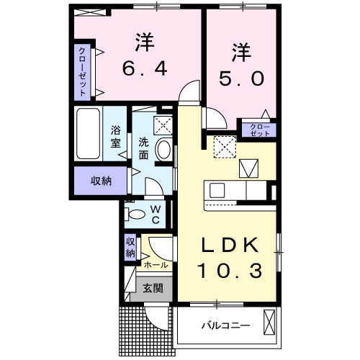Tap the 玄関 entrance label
152,289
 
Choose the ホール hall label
156,265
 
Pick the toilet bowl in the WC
135,214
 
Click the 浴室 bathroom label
115,137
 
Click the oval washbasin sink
164,151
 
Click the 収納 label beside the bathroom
102,180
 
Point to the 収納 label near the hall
130,247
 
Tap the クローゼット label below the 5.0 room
260,130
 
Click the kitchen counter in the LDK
238,192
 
